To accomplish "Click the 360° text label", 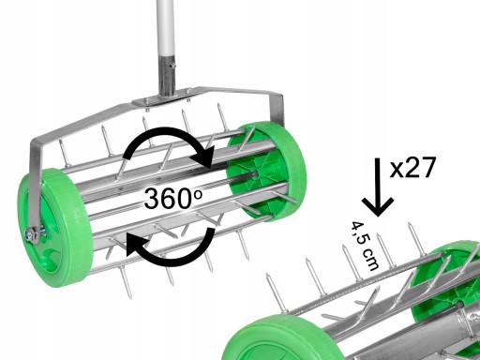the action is [172, 198].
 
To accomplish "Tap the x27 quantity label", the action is [412, 168].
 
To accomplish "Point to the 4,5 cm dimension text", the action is [365, 246].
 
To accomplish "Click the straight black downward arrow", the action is [378, 187].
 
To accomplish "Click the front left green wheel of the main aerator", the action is [55, 229].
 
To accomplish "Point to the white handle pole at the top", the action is [166, 28].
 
